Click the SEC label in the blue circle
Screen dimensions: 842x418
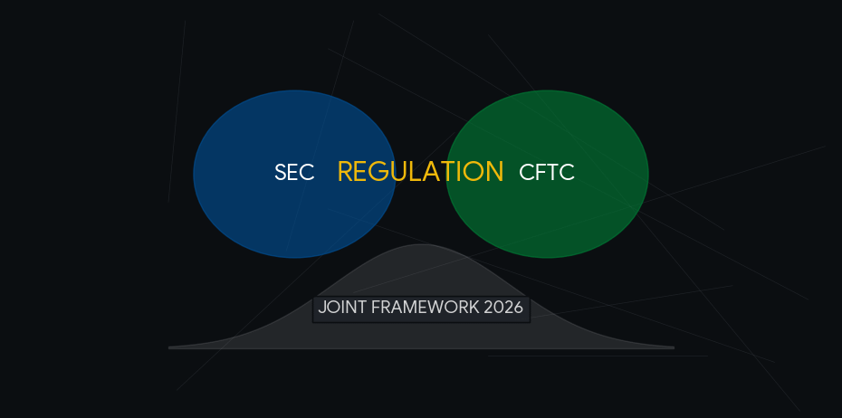click(294, 173)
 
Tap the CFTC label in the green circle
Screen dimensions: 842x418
click(547, 173)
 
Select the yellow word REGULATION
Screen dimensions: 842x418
click(420, 172)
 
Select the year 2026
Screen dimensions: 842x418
click(503, 308)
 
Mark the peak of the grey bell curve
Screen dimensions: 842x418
click(423, 245)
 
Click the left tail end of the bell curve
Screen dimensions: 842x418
click(171, 347)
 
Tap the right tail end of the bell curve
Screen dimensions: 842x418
click(672, 347)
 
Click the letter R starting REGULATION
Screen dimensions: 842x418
click(346, 172)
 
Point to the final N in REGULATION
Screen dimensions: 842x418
click(494, 172)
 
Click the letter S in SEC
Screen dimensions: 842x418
click(281, 173)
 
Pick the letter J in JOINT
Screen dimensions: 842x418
click(321, 308)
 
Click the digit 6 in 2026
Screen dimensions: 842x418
click(518, 308)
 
